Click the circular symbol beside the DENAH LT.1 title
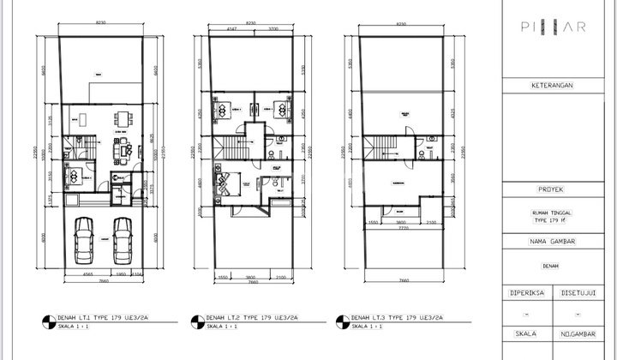click(x=46, y=321)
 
